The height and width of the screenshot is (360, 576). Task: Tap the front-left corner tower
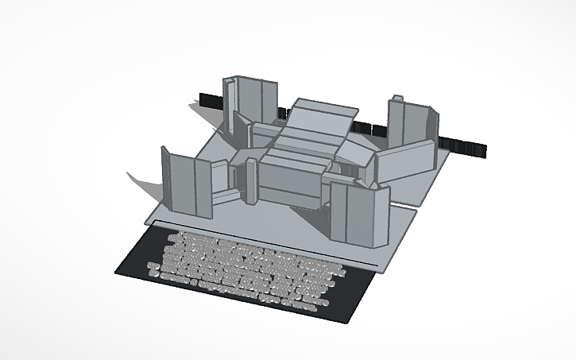click(x=187, y=184)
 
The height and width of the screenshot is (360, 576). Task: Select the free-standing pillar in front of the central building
click(x=251, y=180)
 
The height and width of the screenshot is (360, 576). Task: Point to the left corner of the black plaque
click(x=118, y=269)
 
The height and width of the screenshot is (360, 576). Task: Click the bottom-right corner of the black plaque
click(x=350, y=321)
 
